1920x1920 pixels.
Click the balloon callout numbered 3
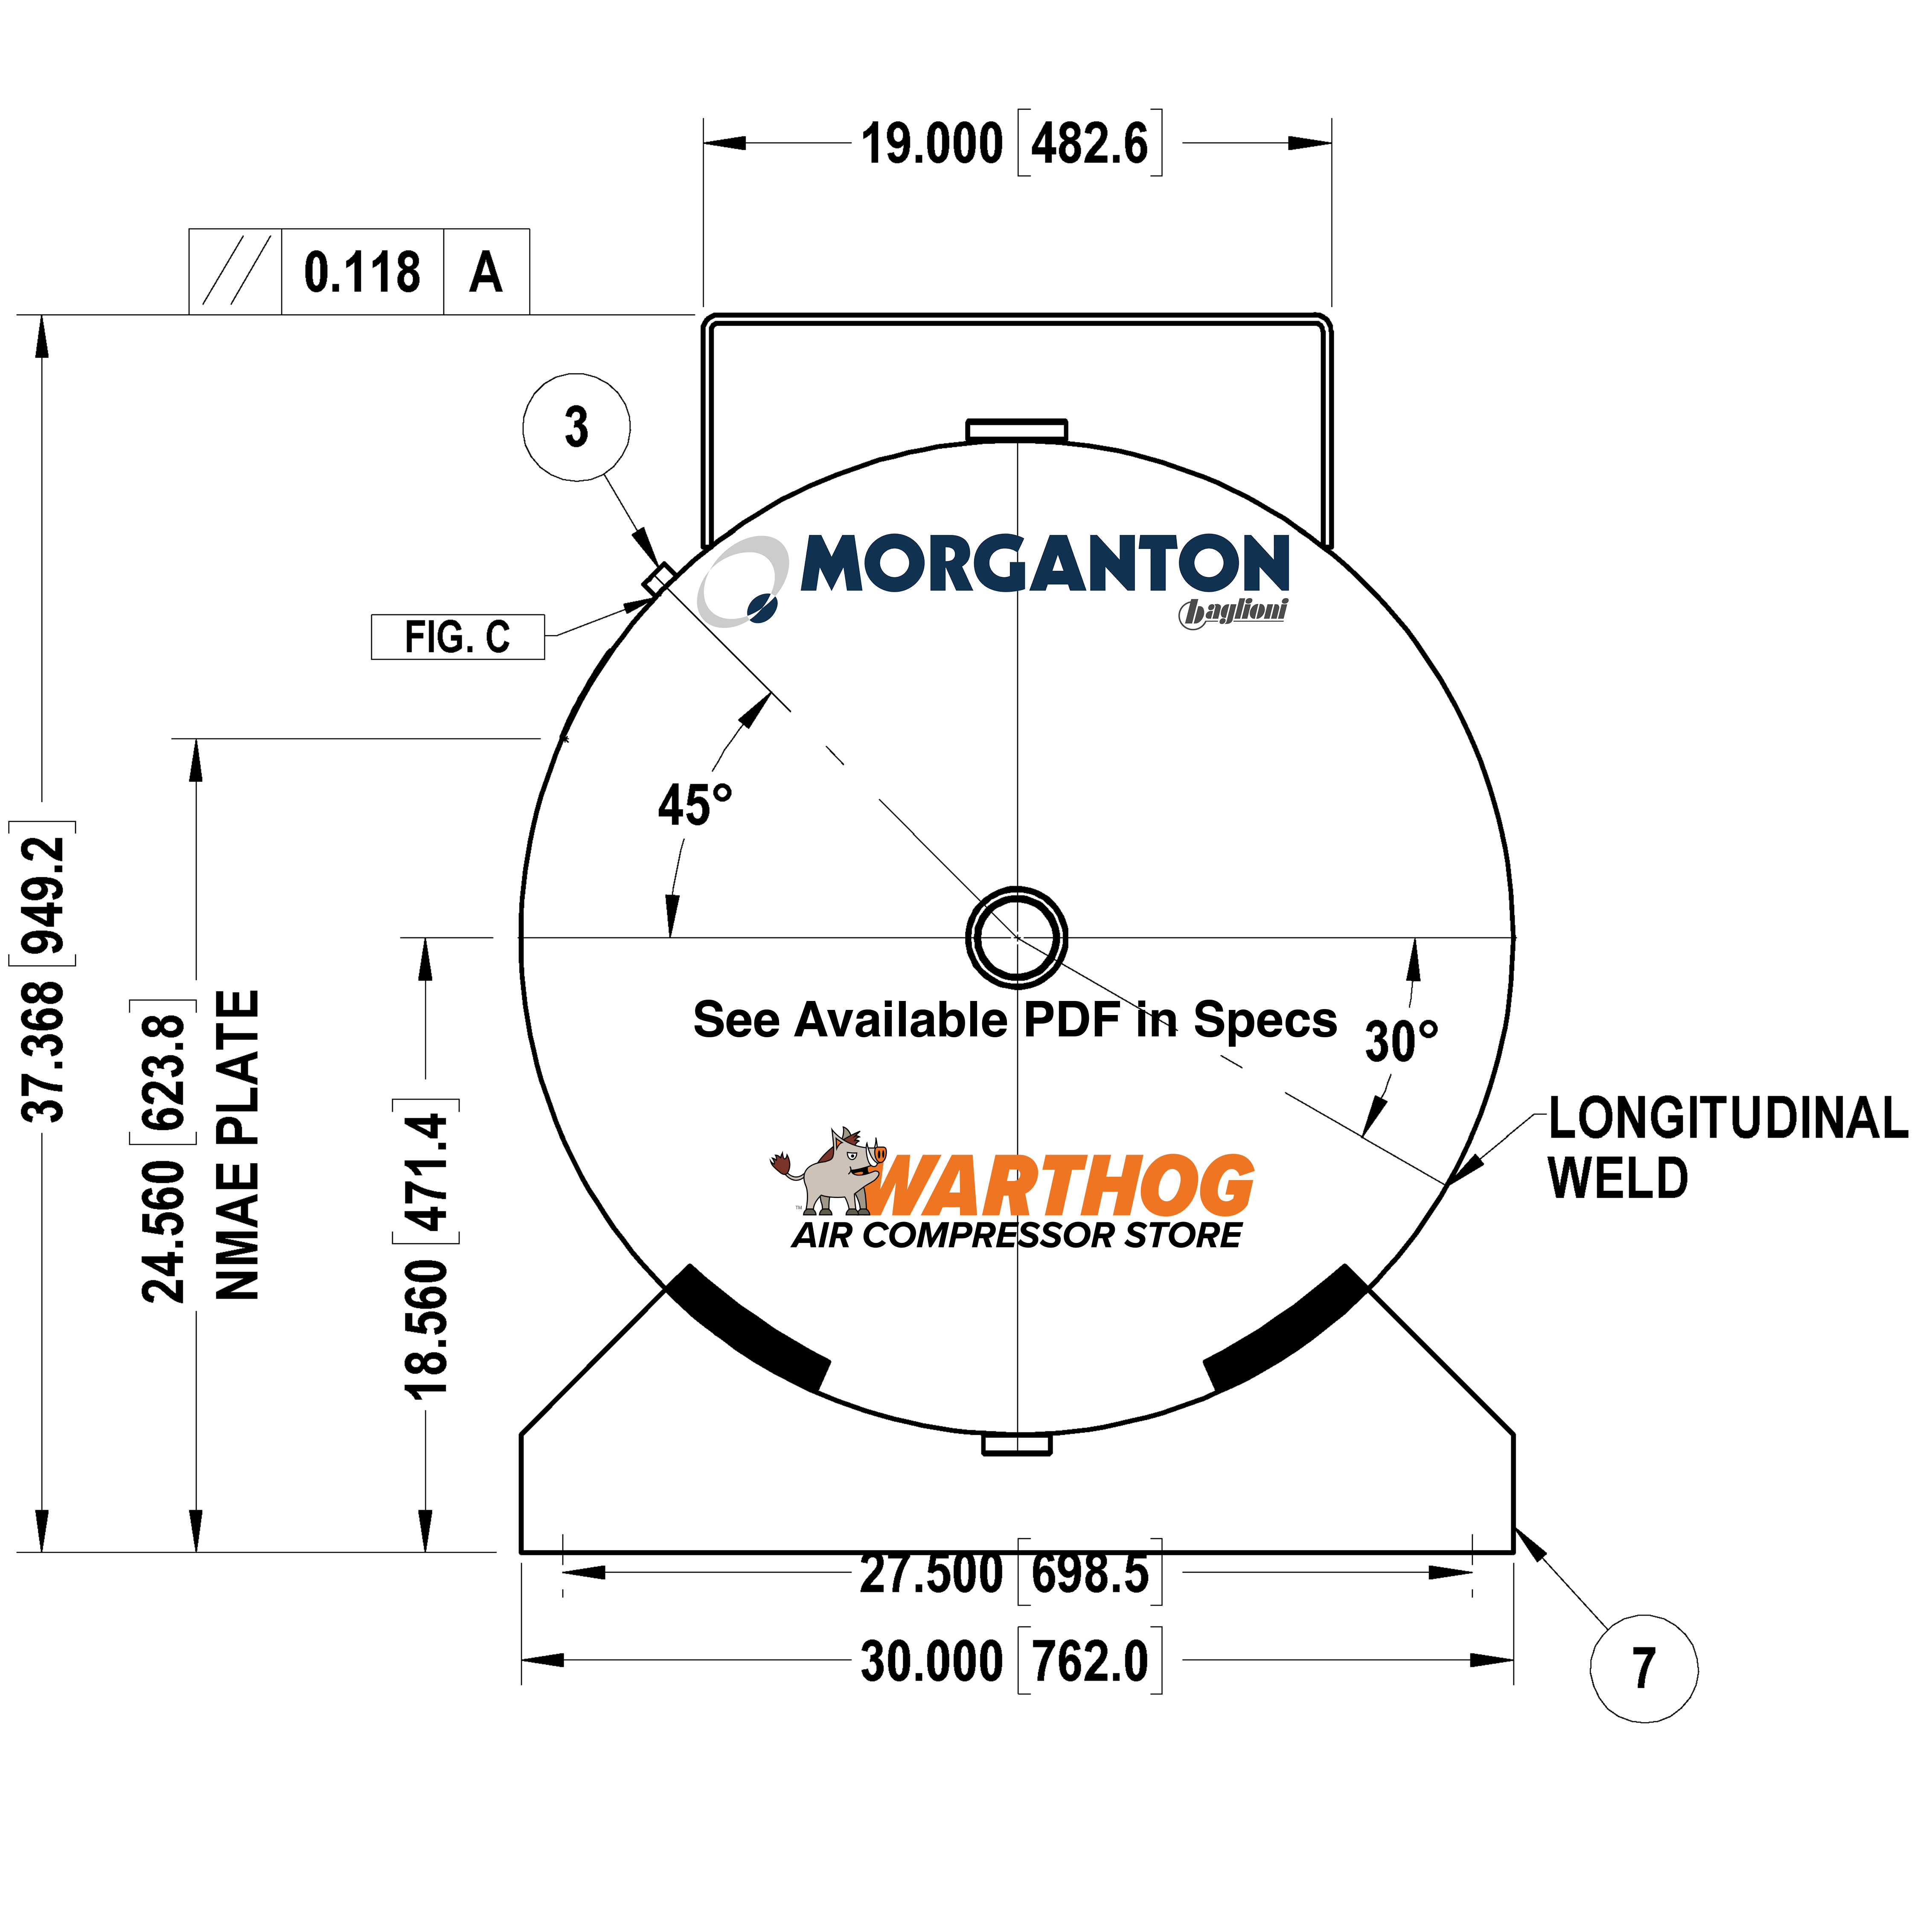coord(576,428)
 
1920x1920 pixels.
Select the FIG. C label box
coord(457,637)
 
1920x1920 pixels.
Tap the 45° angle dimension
coord(695,805)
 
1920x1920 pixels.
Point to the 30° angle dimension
coord(1401,1041)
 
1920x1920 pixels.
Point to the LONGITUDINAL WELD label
coord(1727,1148)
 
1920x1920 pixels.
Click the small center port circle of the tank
coord(1017,937)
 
